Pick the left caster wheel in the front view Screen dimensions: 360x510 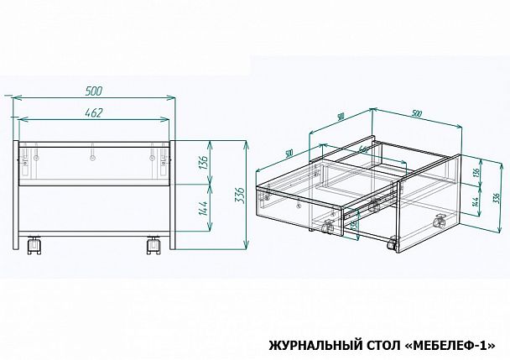35,245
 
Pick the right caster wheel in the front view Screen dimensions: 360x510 154,245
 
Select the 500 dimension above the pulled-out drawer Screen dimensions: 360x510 288,153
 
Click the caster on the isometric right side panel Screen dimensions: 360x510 437,221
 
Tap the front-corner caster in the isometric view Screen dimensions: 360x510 391,245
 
